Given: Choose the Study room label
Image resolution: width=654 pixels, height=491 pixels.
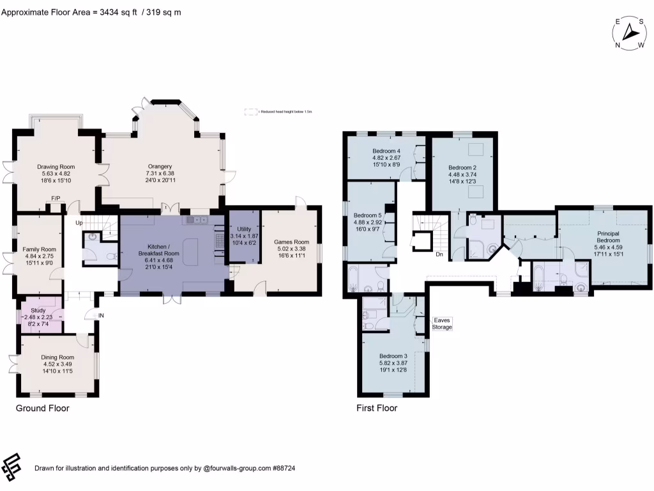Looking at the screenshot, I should click(38, 310).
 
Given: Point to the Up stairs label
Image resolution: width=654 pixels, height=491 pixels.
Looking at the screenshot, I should click(79, 222).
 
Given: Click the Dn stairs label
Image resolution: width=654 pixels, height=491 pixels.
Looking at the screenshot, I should click(439, 254).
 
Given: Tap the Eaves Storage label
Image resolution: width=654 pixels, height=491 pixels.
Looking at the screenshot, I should click(442, 323).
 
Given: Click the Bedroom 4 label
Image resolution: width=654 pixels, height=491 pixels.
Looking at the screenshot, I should click(386, 152).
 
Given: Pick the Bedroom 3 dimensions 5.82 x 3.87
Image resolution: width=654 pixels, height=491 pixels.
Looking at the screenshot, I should click(393, 363).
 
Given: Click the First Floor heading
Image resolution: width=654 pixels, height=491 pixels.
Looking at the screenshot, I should click(377, 408).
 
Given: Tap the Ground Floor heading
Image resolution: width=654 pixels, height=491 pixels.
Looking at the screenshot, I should click(42, 408).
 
